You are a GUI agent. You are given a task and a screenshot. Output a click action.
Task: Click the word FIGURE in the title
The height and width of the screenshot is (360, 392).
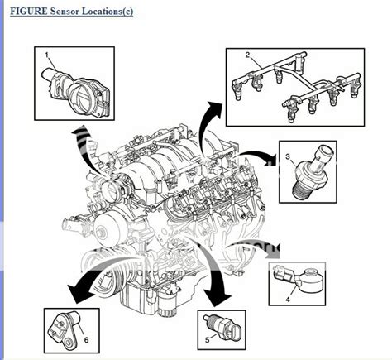(26, 12)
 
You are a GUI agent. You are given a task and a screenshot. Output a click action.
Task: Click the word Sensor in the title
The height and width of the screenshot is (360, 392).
(64, 12)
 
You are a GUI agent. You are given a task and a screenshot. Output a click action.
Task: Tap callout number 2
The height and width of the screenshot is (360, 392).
(246, 56)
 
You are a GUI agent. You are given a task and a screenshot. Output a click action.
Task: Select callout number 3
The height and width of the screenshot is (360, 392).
(288, 156)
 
